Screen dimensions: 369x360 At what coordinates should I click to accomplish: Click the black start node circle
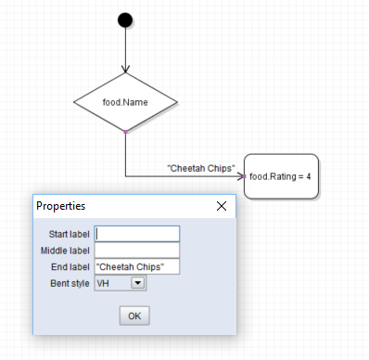pyautogui.click(x=125, y=20)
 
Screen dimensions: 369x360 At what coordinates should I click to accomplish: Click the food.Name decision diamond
pyautogui.click(x=125, y=102)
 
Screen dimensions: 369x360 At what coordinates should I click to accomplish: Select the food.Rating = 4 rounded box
pyautogui.click(x=281, y=176)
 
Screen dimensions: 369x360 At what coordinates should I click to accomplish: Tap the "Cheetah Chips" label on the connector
pyautogui.click(x=201, y=168)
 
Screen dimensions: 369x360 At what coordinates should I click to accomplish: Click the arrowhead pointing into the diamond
pyautogui.click(x=125, y=70)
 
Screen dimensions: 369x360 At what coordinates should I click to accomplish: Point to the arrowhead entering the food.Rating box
pyautogui.click(x=240, y=176)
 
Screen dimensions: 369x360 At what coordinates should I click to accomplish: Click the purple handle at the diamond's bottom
pyautogui.click(x=125, y=132)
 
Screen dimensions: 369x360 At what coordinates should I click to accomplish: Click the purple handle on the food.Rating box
pyautogui.click(x=244, y=176)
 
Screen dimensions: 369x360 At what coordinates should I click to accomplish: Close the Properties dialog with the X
pyautogui.click(x=222, y=206)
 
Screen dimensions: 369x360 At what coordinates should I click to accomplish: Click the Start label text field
pyautogui.click(x=137, y=234)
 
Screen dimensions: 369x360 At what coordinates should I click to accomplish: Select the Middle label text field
pyautogui.click(x=137, y=251)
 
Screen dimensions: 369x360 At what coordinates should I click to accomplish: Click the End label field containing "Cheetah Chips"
pyautogui.click(x=137, y=266)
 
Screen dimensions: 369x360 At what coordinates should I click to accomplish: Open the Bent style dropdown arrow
pyautogui.click(x=138, y=283)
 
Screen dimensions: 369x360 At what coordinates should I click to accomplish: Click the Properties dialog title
pyautogui.click(x=61, y=206)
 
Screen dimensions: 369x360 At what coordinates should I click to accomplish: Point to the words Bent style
pyautogui.click(x=70, y=283)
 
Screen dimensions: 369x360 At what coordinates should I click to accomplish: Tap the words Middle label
pyautogui.click(x=65, y=251)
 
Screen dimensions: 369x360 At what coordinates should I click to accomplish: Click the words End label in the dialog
pyautogui.click(x=70, y=267)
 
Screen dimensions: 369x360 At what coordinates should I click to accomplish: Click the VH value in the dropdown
pyautogui.click(x=103, y=283)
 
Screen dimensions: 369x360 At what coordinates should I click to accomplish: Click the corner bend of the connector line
pyautogui.click(x=125, y=176)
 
